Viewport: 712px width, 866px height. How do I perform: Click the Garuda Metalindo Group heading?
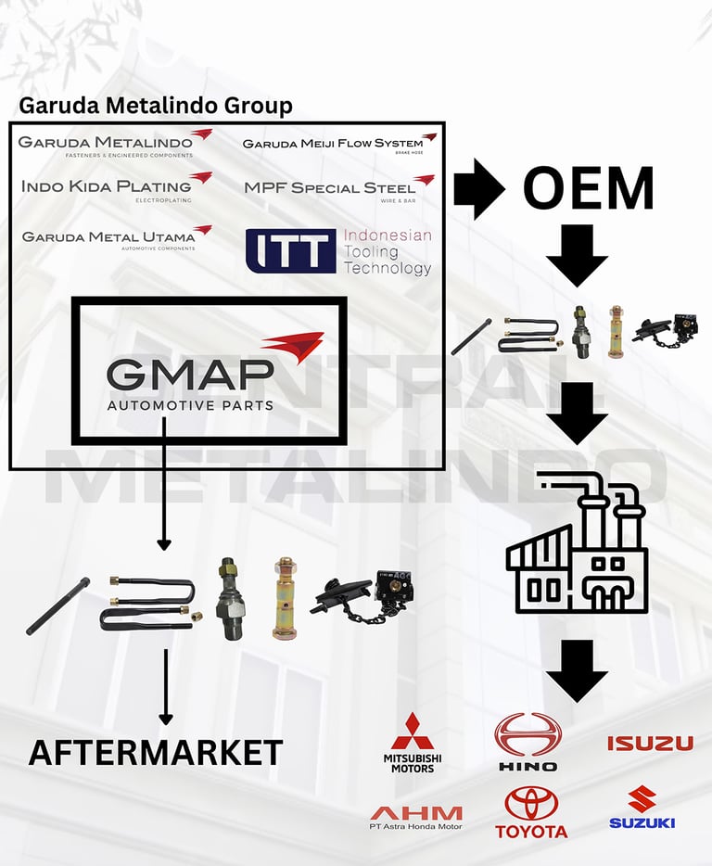pyautogui.click(x=156, y=105)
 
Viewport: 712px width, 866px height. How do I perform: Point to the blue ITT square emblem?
pyautogui.click(x=290, y=249)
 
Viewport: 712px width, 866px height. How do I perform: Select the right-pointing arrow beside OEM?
pyautogui.click(x=478, y=188)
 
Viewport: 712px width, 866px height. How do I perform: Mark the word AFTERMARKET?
pyautogui.click(x=156, y=752)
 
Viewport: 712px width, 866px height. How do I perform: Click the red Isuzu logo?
pyautogui.click(x=650, y=743)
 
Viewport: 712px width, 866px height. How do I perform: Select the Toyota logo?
pyautogui.click(x=530, y=813)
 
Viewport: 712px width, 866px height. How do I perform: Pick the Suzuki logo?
pyautogui.click(x=642, y=807)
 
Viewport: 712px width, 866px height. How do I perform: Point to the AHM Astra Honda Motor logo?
pyautogui.click(x=415, y=817)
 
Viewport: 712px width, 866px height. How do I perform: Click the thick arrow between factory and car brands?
pyautogui.click(x=577, y=670)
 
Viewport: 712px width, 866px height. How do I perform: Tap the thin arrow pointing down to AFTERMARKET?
pyautogui.click(x=166, y=686)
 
